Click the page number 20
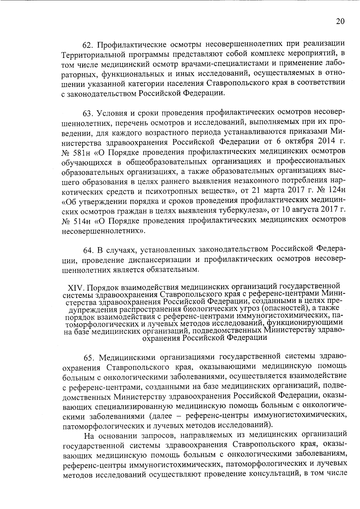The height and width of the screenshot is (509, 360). point(340,21)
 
